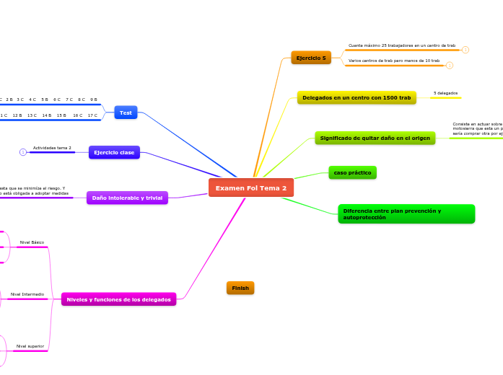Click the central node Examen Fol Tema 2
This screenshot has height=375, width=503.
[x=251, y=187]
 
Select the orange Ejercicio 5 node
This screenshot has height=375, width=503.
[x=311, y=58]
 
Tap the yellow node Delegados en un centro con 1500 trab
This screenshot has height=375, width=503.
[x=357, y=97]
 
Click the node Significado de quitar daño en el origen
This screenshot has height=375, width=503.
[x=375, y=138]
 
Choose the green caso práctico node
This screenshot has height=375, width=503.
[x=352, y=173]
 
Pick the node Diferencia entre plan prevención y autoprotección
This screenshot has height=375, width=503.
[x=406, y=214]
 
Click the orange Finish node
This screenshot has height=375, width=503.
[x=240, y=288]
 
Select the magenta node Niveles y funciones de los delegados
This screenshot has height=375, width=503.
[x=119, y=299]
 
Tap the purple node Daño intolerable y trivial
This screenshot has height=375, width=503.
[x=127, y=198]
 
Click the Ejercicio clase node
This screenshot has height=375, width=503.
[x=114, y=152]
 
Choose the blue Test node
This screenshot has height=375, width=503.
[x=126, y=112]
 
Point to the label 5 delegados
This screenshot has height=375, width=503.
[x=445, y=93]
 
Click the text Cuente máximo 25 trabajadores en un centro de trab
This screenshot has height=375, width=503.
[x=401, y=45]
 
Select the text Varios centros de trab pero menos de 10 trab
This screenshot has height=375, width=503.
[x=393, y=61]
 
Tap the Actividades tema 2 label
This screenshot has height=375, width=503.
[x=52, y=147]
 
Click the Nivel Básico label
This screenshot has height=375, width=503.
[x=32, y=242]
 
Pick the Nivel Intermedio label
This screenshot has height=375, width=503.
[x=27, y=294]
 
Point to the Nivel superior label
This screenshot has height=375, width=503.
[x=30, y=346]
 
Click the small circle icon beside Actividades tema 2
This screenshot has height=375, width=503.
[x=23, y=152]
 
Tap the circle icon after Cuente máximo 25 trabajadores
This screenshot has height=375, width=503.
[x=465, y=50]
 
